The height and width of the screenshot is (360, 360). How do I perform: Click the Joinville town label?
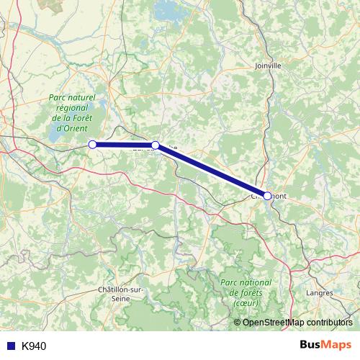pyautogui.click(x=268, y=65)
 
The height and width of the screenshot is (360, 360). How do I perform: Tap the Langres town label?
pyautogui.click(x=320, y=293)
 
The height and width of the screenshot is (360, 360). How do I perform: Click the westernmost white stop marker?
pyautogui.click(x=92, y=145)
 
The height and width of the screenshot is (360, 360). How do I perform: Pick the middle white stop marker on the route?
pyautogui.click(x=156, y=145)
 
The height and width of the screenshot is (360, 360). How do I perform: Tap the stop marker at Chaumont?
pyautogui.click(x=267, y=196)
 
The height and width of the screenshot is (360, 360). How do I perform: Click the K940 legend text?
pyautogui.click(x=34, y=346)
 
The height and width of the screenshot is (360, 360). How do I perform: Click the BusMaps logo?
pyautogui.click(x=325, y=346)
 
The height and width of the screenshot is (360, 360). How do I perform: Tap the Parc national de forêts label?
pyautogui.click(x=247, y=288)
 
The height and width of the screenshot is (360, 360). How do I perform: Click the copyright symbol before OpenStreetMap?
pyautogui.click(x=238, y=322)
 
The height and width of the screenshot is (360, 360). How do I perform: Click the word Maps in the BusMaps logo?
pyautogui.click(x=336, y=346)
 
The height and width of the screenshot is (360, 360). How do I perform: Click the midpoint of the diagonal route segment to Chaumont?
pyautogui.click(x=212, y=171)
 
